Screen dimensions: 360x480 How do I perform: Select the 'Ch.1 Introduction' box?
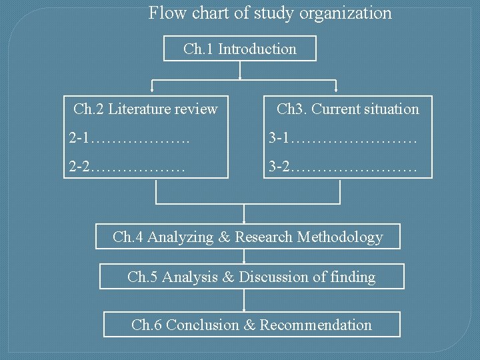pos(240,49)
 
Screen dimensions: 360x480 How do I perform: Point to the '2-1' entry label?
pos(79,139)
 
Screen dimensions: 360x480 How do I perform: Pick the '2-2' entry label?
pos(79,166)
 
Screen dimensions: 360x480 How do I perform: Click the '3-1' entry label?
pos(279,139)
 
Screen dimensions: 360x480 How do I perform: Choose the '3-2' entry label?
pos(279,166)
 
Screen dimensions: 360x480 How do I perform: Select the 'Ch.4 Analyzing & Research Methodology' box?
pos(248,237)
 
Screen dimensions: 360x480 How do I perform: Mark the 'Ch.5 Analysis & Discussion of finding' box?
pos(251,277)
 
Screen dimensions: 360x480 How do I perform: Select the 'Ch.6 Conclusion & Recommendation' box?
pos(251,325)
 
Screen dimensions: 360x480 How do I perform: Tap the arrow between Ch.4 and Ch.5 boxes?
pos(245,257)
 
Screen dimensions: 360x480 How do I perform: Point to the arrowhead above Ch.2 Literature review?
pos(153,89)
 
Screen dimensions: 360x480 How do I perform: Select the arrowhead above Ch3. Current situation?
pos(336,89)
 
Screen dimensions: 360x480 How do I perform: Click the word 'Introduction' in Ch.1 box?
pos(257,49)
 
